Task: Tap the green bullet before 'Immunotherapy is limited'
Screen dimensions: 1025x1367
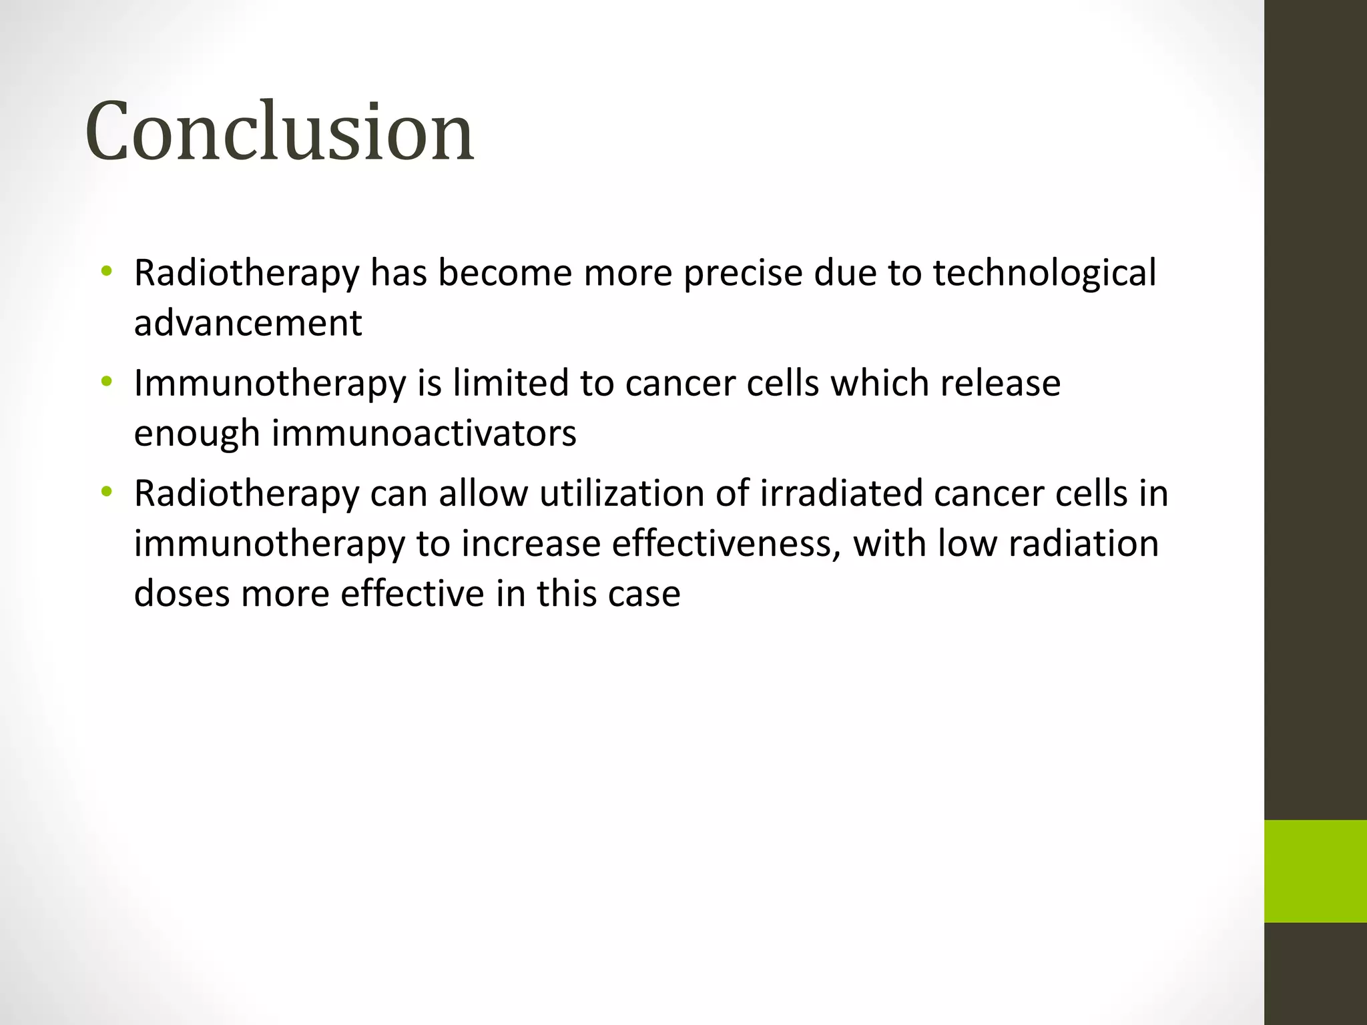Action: pyautogui.click(x=106, y=382)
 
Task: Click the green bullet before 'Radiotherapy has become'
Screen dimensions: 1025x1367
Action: pyautogui.click(x=106, y=272)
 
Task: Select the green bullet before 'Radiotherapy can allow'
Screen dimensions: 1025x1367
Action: pyautogui.click(x=106, y=492)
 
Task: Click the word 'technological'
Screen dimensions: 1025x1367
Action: pyautogui.click(x=1044, y=274)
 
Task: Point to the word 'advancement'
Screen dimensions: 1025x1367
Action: pyautogui.click(x=248, y=324)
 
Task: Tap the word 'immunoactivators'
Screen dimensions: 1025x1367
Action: pyautogui.click(x=424, y=434)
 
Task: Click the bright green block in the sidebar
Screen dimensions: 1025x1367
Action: pyautogui.click(x=1315, y=871)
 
